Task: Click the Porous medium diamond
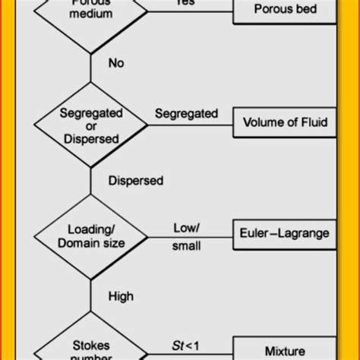point(91,11)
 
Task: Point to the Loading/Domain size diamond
point(91,236)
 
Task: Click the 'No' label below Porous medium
point(115,63)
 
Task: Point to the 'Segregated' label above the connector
point(186,114)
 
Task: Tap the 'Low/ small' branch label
point(186,235)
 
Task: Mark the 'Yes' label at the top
point(186,3)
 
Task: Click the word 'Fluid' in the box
point(313,122)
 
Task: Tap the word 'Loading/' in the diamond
point(91,229)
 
